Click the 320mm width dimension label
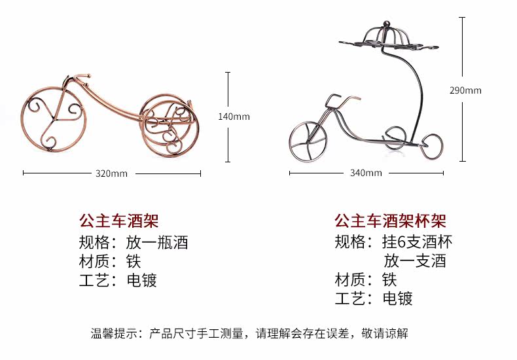click(111, 173)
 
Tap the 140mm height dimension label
click(234, 117)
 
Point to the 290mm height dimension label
click(465, 90)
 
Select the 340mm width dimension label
click(366, 173)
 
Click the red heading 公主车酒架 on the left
click(118, 221)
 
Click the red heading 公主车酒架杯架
click(389, 221)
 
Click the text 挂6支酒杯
click(417, 243)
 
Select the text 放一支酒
click(415, 262)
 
